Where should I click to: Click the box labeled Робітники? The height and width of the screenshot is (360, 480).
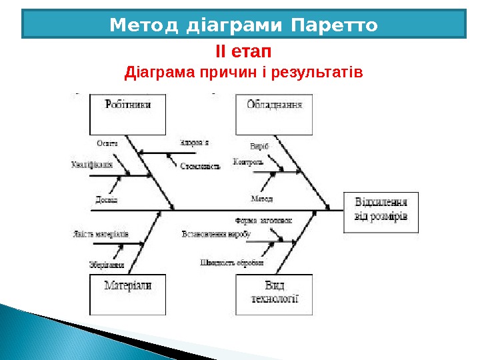(127, 113)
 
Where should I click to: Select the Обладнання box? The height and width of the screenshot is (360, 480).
(274, 113)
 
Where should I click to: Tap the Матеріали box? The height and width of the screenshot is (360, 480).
(127, 294)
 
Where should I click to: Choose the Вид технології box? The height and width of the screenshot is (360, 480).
(274, 294)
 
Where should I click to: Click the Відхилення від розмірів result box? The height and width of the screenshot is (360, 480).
(381, 211)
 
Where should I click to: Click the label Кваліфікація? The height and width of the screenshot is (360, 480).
(91, 165)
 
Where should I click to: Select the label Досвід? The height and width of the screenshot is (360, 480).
(107, 199)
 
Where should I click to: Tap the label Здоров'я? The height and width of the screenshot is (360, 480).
(194, 143)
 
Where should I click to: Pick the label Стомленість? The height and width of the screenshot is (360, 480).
(200, 167)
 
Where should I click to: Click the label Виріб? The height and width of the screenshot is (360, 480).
(259, 146)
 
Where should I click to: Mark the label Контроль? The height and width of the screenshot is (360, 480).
(249, 161)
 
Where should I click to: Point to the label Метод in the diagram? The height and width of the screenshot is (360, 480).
(261, 199)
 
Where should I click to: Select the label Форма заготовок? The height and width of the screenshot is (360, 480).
(264, 221)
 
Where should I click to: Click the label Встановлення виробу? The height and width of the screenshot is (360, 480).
(215, 235)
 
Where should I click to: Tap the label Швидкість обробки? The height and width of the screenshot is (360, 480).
(231, 262)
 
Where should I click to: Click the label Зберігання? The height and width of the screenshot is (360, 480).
(107, 265)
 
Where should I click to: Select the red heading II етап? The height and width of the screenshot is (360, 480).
(243, 51)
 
